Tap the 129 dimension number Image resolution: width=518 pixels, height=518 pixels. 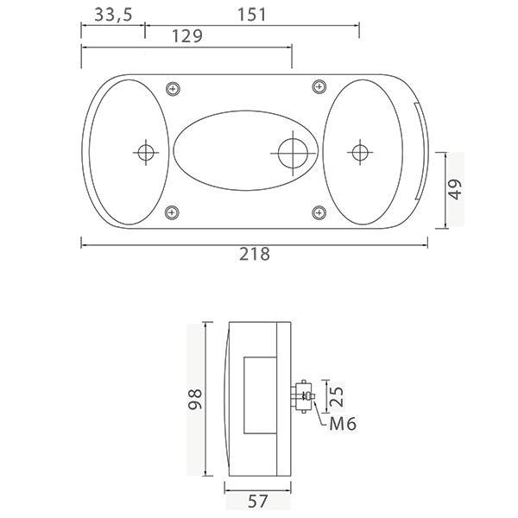tap(187, 36)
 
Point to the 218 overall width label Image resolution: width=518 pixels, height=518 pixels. tap(255, 254)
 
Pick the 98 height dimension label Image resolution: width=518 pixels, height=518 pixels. tap(194, 399)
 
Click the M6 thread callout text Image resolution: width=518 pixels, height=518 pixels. tap(343, 423)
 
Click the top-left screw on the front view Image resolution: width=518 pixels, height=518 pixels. tap(174, 87)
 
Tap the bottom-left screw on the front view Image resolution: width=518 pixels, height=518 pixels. tap(173, 212)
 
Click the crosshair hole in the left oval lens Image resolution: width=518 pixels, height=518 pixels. tap(144, 153)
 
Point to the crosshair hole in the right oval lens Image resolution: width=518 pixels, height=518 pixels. tap(358, 153)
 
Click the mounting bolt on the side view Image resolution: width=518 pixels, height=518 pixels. tap(305, 397)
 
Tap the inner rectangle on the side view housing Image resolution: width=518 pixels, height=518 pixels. tap(258, 395)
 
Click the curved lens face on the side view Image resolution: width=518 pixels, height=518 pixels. tap(221, 399)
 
